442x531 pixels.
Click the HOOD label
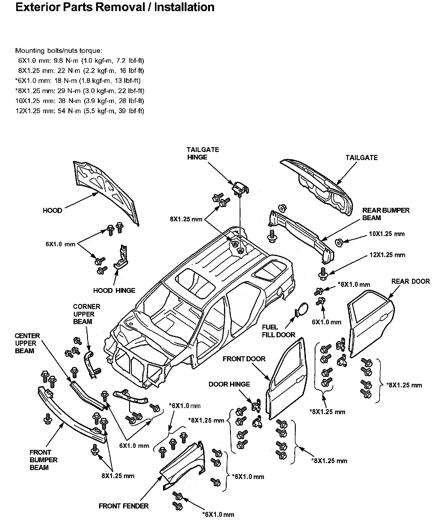[52, 211]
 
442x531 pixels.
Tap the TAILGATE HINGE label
[203, 153]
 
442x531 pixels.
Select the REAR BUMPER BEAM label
[386, 214]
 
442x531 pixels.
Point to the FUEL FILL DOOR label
[278, 331]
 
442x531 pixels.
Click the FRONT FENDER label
[123, 506]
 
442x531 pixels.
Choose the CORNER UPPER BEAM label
[86, 314]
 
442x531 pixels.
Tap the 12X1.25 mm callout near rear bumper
[387, 255]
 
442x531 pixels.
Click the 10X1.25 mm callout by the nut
[387, 234]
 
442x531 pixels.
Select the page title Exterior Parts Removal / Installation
[115, 7]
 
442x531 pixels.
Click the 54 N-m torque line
[80, 111]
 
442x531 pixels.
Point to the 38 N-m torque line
[80, 101]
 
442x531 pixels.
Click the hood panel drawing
[105, 192]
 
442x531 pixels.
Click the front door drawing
[287, 378]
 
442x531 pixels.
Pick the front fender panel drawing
[180, 466]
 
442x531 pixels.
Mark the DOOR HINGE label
[229, 384]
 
